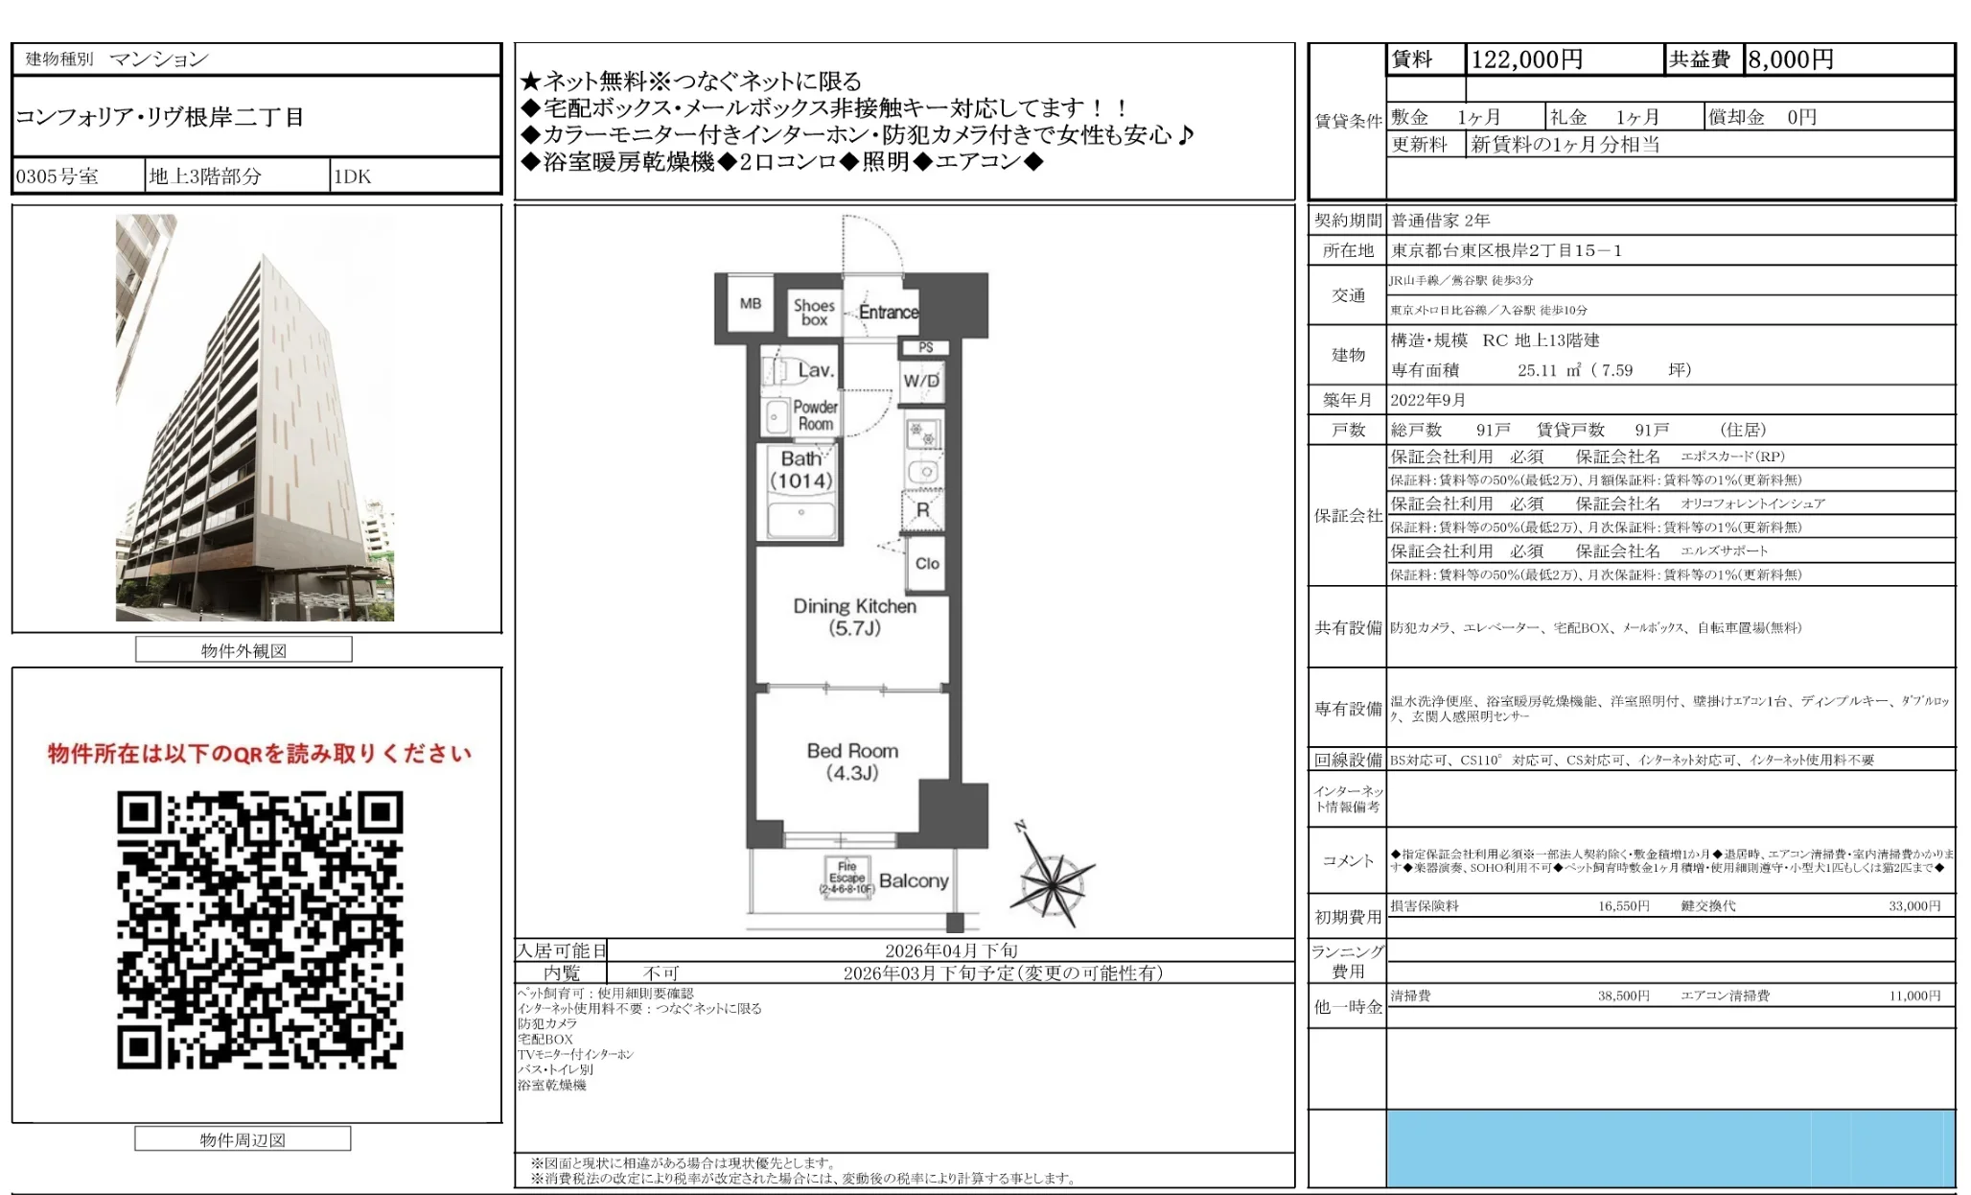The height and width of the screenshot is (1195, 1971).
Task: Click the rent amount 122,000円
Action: click(x=1526, y=59)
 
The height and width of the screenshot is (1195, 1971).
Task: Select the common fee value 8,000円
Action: click(x=1790, y=59)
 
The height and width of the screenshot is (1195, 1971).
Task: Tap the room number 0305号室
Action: click(x=58, y=176)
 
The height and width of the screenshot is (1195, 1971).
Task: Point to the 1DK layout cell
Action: click(x=352, y=176)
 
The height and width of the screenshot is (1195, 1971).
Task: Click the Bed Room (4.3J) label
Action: click(x=852, y=762)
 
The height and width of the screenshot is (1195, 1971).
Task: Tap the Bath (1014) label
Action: click(x=800, y=470)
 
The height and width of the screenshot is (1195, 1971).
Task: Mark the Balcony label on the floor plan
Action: click(x=913, y=880)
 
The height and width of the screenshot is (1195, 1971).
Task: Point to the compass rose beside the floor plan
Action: click(x=1052, y=876)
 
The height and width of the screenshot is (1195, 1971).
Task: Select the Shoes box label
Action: click(x=814, y=313)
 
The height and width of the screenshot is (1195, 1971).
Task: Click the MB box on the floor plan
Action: click(x=751, y=304)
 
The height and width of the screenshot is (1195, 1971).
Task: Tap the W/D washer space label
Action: click(x=921, y=381)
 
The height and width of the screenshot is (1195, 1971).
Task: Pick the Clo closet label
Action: click(x=927, y=563)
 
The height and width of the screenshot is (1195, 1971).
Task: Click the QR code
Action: click(x=260, y=929)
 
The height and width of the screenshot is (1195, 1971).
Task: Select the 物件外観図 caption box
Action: click(x=243, y=650)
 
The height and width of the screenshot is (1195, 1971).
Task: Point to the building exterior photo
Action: click(x=255, y=418)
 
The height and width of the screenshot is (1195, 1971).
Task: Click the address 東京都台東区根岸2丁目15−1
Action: click(x=1506, y=250)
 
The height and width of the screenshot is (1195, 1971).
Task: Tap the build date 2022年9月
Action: click(x=1427, y=400)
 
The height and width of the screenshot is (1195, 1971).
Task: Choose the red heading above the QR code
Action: click(x=260, y=754)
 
